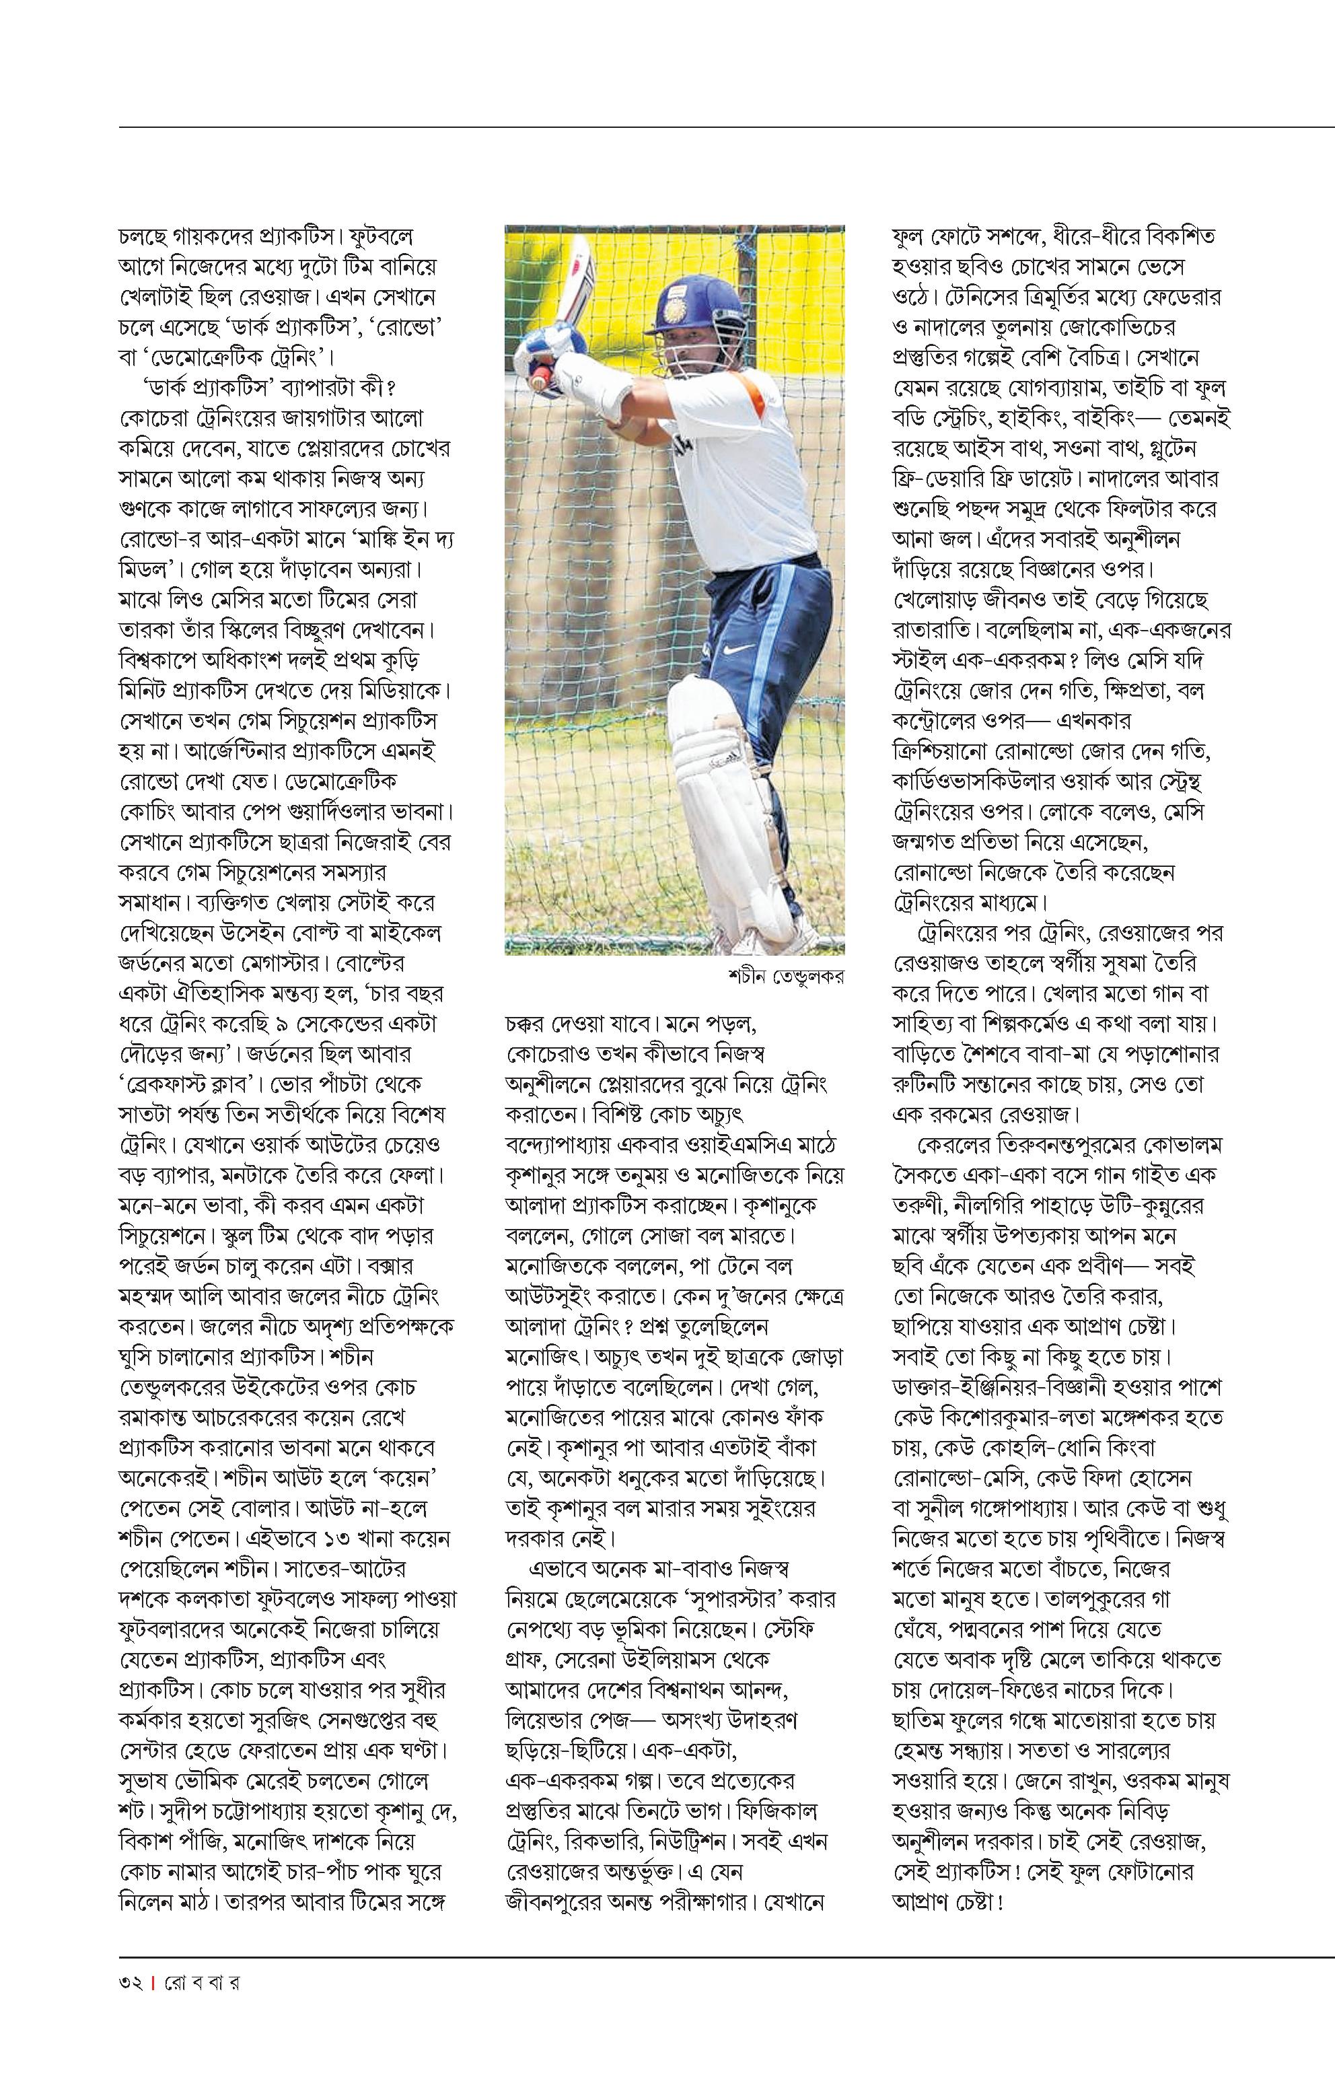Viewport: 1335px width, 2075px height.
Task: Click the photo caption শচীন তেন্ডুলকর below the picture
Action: [x=785, y=977]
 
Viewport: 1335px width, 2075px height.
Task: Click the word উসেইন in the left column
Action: [x=274, y=932]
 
